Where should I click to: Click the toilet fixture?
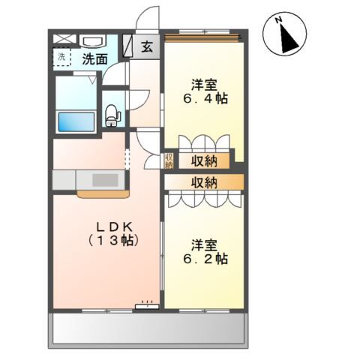click(x=112, y=115)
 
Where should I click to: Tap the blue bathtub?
click(x=76, y=122)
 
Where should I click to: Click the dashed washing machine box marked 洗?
click(x=61, y=57)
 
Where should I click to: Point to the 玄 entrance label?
click(x=147, y=47)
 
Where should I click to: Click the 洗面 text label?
click(x=95, y=59)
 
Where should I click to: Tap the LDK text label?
click(x=114, y=227)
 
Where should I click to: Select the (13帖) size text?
click(x=113, y=241)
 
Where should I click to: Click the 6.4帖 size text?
click(x=205, y=98)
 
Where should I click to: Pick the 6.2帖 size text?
click(x=205, y=259)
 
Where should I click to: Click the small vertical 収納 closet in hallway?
click(x=169, y=160)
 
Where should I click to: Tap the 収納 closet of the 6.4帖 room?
click(x=204, y=161)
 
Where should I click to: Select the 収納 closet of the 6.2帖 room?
click(x=204, y=182)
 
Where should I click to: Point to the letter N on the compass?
click(x=278, y=19)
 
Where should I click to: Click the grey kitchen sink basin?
click(x=105, y=180)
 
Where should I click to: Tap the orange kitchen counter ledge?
click(x=103, y=194)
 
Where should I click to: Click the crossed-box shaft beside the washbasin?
click(x=64, y=38)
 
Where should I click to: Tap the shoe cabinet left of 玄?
click(x=127, y=45)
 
